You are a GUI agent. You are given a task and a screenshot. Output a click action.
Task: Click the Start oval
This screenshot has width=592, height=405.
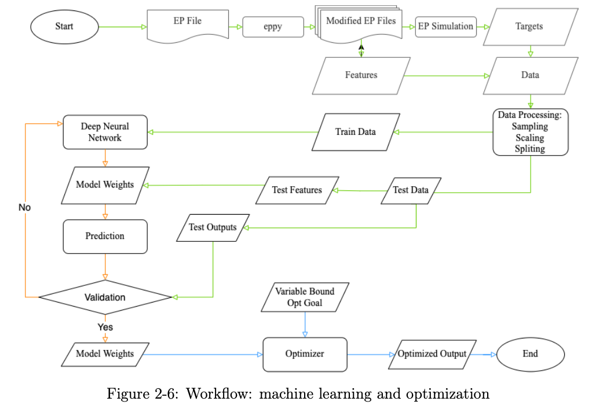pos(64,26)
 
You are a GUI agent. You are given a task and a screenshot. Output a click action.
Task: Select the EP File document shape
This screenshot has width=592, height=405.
pos(187,24)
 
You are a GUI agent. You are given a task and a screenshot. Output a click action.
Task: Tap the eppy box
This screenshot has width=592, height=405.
pos(273,27)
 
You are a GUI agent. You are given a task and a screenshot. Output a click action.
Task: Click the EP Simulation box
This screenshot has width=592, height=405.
pos(445,27)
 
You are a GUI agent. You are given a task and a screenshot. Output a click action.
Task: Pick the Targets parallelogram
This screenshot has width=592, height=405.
pos(529,27)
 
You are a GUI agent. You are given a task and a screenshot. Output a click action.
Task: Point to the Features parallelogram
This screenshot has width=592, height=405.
pos(361,75)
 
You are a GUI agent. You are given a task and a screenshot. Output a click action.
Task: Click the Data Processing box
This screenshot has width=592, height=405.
pos(529,132)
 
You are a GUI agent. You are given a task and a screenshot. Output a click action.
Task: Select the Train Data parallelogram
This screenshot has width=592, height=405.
pos(356,132)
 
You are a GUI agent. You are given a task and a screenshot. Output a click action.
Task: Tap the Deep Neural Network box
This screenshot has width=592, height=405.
pos(105,132)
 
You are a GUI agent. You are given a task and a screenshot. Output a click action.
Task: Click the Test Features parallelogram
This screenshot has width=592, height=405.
pos(297,190)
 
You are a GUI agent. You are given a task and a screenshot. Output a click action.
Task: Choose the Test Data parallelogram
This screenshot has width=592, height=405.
pos(411,190)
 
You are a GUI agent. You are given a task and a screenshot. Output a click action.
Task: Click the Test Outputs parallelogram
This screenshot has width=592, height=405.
pos(213,227)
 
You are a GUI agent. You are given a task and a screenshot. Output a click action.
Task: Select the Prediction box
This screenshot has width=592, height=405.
pos(105,236)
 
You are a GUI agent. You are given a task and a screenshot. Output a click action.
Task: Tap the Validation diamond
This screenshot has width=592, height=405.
pos(105,297)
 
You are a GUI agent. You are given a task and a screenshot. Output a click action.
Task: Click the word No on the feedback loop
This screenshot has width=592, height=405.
pos(25,207)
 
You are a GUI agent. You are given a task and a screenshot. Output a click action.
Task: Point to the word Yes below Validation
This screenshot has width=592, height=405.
pos(105,327)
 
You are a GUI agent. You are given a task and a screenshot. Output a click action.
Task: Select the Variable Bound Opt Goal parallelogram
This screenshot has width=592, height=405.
pos(305,297)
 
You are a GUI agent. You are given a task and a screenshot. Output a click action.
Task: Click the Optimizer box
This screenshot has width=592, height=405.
pos(305,354)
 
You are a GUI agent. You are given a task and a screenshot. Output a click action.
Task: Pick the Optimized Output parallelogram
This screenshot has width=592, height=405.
pos(432,354)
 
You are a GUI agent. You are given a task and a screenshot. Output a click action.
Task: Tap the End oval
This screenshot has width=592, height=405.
pos(530,354)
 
